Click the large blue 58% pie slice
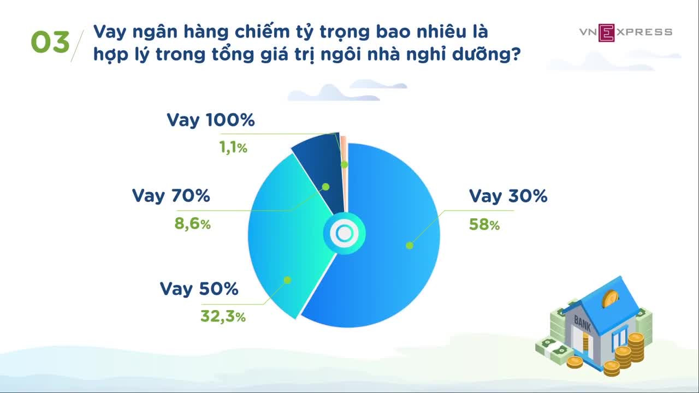(x=390, y=249)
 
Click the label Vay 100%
(x=211, y=121)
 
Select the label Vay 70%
(x=171, y=196)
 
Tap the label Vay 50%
(x=199, y=289)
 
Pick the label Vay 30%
(x=508, y=196)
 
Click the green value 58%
(x=484, y=224)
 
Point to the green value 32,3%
(x=223, y=316)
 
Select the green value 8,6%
(x=193, y=224)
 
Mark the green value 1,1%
(x=233, y=147)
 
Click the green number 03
(x=50, y=42)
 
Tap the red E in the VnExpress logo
(x=606, y=33)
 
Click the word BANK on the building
(x=582, y=323)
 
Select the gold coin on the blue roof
(x=611, y=299)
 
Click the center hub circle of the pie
(x=344, y=234)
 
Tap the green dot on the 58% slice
(x=410, y=246)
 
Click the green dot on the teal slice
(x=287, y=280)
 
